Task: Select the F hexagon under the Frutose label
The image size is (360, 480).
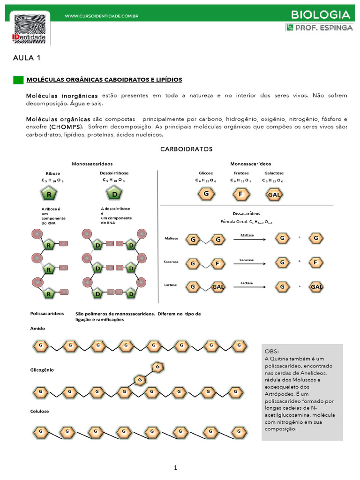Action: point(240,194)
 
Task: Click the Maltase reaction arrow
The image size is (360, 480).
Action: point(249,239)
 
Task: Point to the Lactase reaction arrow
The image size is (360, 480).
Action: point(249,286)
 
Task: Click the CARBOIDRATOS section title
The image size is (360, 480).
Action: point(186,149)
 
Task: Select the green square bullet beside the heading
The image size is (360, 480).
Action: point(18,80)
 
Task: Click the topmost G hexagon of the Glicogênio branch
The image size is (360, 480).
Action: point(158,367)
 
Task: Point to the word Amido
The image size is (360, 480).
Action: point(37,329)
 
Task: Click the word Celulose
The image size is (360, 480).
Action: point(40,411)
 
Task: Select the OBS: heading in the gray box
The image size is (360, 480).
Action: point(272,351)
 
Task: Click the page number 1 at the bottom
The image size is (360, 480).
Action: point(175,467)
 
